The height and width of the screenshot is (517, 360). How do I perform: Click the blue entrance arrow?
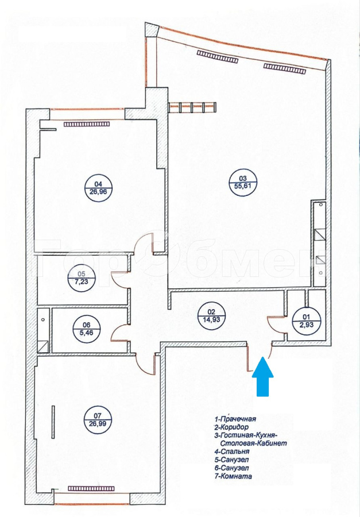pyautogui.click(x=263, y=376)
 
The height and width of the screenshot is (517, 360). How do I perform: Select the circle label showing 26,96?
pyautogui.click(x=98, y=188)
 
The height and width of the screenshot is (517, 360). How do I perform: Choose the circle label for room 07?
pyautogui.click(x=98, y=420)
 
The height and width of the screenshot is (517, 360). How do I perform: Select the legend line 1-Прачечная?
pyautogui.click(x=235, y=419)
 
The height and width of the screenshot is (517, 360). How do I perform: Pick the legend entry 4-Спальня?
pyautogui.click(x=232, y=452)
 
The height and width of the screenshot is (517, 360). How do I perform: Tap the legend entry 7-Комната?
pyautogui.click(x=233, y=476)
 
